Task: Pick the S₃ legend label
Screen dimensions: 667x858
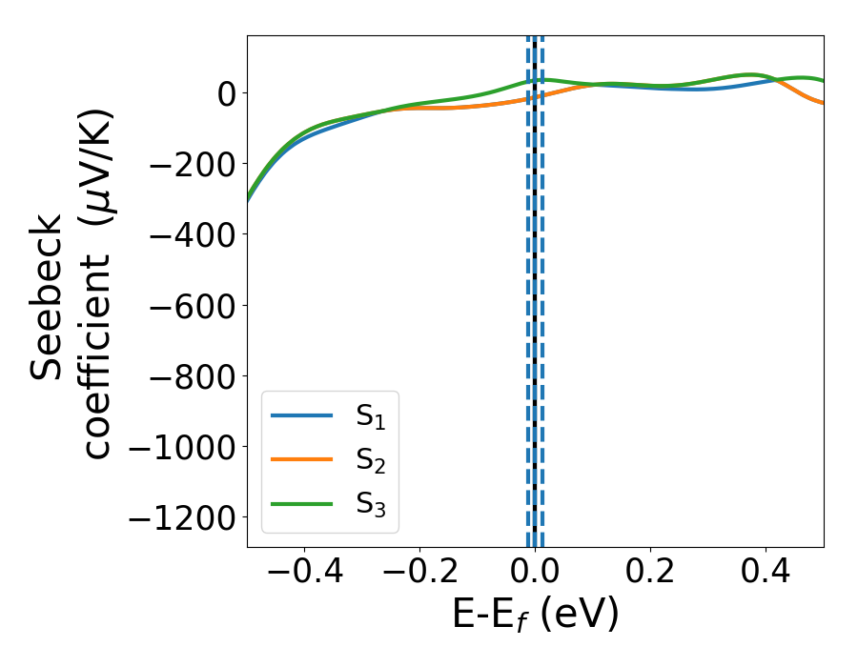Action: coord(377,504)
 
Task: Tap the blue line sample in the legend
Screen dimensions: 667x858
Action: coord(301,415)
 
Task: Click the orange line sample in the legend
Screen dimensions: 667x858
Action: coord(301,459)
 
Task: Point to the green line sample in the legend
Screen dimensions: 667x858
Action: coord(301,503)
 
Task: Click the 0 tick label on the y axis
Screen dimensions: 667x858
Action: coord(225,93)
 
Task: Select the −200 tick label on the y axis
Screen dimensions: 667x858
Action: coord(191,164)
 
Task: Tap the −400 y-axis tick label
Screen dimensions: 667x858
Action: coord(191,234)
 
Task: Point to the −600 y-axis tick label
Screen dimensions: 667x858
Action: coord(191,306)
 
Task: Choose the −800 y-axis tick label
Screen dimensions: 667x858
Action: coord(191,376)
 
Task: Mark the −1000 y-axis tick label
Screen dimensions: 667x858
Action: coord(181,447)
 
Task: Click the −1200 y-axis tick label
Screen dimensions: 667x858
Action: coord(181,518)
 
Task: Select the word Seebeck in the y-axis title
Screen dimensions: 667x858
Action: coord(47,297)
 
